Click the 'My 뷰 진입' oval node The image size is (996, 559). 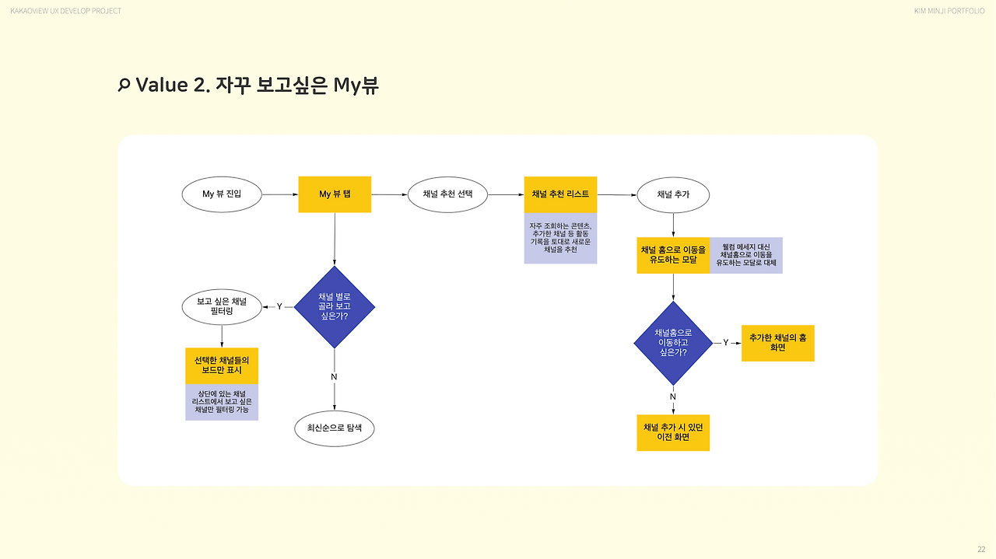pyautogui.click(x=222, y=194)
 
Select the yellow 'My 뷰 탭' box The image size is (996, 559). pyautogui.click(x=335, y=194)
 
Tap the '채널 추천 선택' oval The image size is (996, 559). pyautogui.click(x=447, y=194)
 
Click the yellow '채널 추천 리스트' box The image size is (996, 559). pyautogui.click(x=560, y=194)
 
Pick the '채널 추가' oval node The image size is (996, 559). pyautogui.click(x=673, y=194)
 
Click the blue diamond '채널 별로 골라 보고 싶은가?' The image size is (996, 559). pyautogui.click(x=335, y=307)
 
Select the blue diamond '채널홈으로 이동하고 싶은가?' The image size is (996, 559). pyautogui.click(x=673, y=343)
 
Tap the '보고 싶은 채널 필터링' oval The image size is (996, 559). pyautogui.click(x=222, y=306)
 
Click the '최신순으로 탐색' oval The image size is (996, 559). pyautogui.click(x=335, y=428)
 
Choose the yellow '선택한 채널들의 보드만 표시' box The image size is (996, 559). pyautogui.click(x=222, y=365)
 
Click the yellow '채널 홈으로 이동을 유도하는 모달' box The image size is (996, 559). pyautogui.click(x=673, y=255)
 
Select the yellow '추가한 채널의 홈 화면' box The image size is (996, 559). pyautogui.click(x=778, y=343)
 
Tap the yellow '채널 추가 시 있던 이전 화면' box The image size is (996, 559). pyautogui.click(x=673, y=432)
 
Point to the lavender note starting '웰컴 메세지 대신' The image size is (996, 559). pyautogui.click(x=746, y=255)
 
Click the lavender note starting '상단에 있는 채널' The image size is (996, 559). pyautogui.click(x=222, y=402)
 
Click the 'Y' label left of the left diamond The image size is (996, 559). pyautogui.click(x=279, y=307)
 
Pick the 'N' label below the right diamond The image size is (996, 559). pyautogui.click(x=673, y=397)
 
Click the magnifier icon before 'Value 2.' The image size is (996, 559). pyautogui.click(x=123, y=86)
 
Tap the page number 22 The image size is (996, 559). pyautogui.click(x=980, y=549)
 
